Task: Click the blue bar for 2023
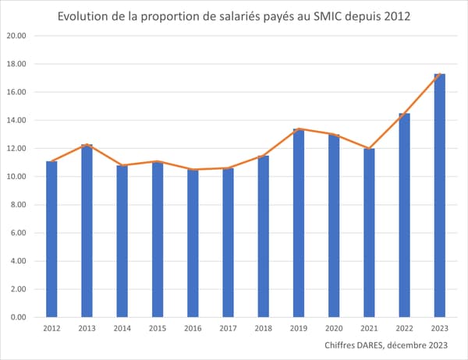click(x=440, y=195)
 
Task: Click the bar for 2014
click(x=122, y=241)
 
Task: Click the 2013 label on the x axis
click(x=87, y=329)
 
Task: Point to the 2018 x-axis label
click(x=263, y=329)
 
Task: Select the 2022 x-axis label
click(x=404, y=329)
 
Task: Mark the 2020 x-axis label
click(x=334, y=329)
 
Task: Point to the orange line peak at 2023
click(x=440, y=74)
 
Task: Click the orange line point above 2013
click(x=87, y=145)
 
